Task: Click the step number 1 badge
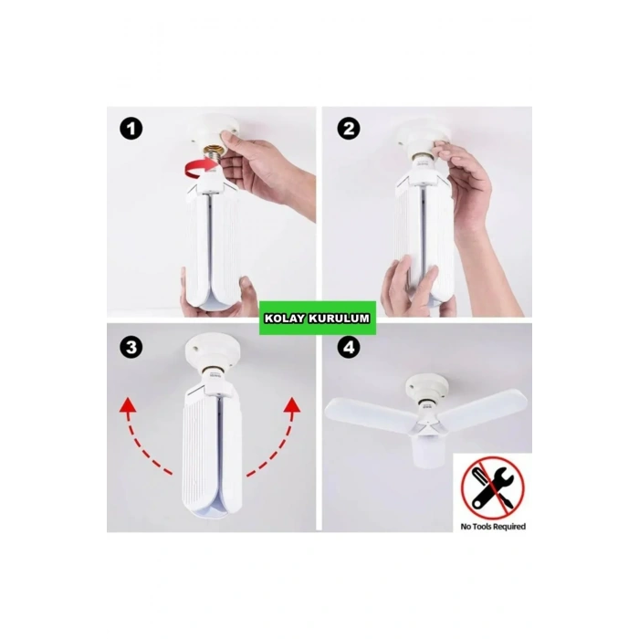(x=133, y=130)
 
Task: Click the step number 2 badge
(x=348, y=130)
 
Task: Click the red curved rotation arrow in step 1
(x=196, y=165)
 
